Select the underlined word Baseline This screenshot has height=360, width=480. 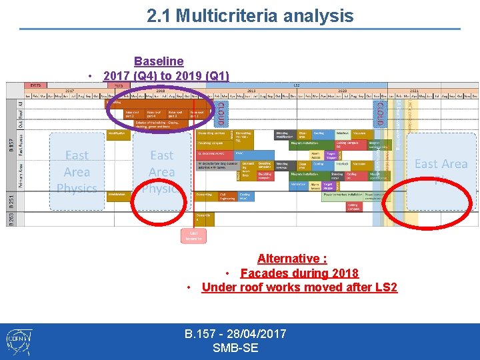159,62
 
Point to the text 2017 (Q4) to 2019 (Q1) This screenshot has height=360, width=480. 166,75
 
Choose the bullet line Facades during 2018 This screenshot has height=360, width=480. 299,273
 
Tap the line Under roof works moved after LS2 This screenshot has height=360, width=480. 299,287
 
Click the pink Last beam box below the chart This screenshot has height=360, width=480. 194,236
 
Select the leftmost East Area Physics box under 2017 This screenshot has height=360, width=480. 77,172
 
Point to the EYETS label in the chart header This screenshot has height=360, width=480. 34,85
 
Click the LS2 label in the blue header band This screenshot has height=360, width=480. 296,85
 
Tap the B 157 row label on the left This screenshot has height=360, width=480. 11,144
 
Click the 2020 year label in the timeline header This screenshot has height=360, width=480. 342,91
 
